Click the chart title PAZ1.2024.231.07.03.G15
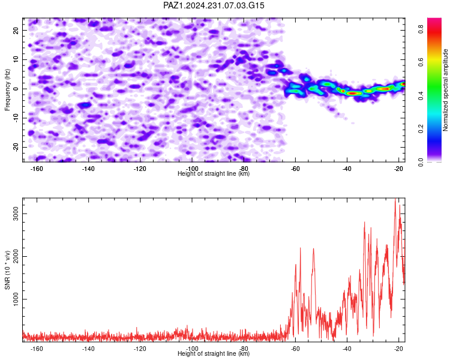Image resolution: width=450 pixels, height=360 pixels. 214,5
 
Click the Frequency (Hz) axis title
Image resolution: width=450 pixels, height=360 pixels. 7,90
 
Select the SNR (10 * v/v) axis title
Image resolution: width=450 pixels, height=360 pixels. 7,270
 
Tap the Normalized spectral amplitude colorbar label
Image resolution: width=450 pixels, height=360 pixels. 445,90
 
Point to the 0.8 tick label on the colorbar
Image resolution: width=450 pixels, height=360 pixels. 421,29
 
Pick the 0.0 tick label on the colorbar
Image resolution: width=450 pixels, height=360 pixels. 421,162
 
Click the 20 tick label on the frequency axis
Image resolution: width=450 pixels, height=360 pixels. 16,30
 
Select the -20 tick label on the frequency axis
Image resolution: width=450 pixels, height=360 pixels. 16,147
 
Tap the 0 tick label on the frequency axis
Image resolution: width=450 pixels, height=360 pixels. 16,89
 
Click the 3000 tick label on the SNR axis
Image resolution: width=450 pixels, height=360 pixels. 16,214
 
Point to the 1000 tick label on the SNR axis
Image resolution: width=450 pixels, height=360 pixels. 16,299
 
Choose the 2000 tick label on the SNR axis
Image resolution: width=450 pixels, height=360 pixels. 16,257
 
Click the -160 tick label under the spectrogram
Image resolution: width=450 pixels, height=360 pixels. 37,169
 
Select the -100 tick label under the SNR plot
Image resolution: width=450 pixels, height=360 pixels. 192,349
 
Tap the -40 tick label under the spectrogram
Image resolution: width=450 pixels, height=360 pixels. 347,169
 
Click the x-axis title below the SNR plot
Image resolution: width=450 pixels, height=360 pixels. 214,353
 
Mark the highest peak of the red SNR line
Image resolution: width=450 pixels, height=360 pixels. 395,199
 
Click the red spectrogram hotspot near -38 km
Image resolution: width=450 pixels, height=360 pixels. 353,93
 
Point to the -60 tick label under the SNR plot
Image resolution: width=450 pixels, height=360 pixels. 295,349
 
